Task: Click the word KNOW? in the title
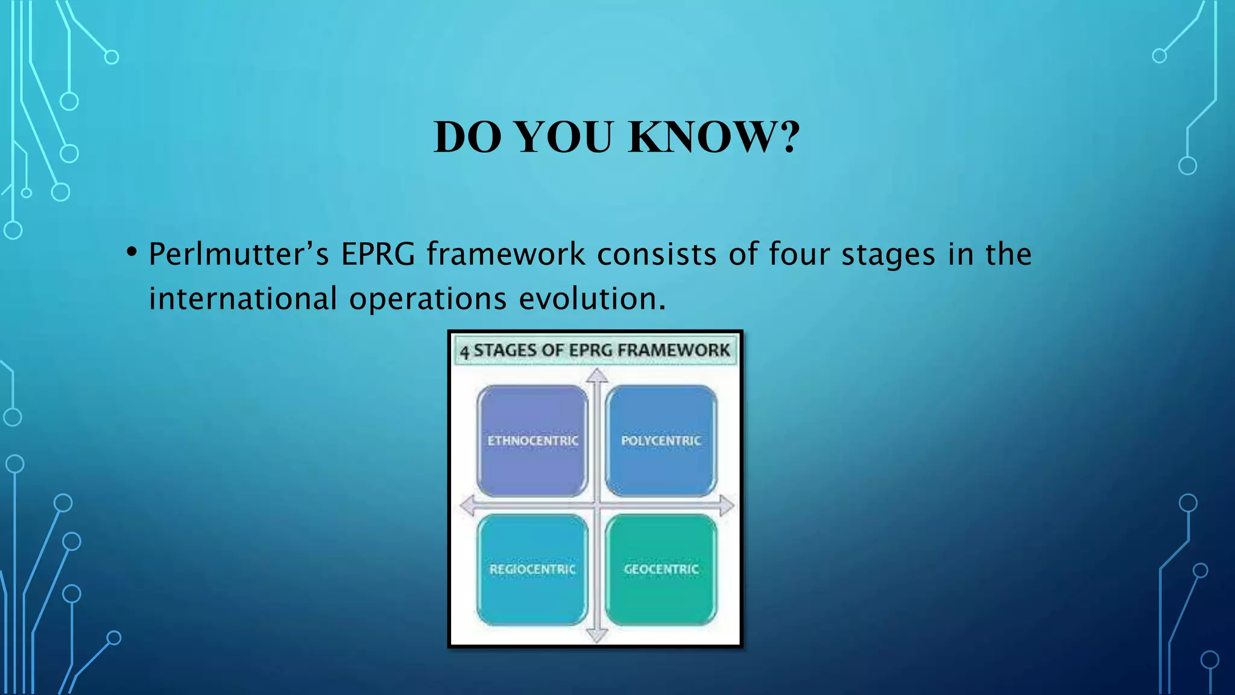(x=714, y=138)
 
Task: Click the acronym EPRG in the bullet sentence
(x=378, y=254)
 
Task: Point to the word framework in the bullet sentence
(x=506, y=254)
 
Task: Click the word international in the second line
(x=243, y=299)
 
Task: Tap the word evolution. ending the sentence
(x=592, y=299)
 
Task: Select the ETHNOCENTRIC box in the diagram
(x=532, y=441)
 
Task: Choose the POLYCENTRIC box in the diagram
(x=661, y=441)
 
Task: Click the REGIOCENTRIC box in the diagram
(x=532, y=569)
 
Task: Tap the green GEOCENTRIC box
(x=661, y=569)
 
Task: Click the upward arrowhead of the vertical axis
(x=597, y=376)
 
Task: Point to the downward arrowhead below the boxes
(x=597, y=635)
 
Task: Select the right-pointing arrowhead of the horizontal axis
(x=727, y=506)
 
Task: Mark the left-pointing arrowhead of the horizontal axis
(x=467, y=506)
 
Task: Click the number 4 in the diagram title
(x=464, y=352)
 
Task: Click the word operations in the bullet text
(x=428, y=299)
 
